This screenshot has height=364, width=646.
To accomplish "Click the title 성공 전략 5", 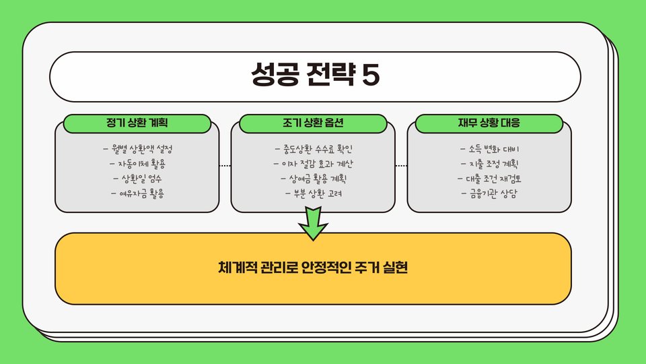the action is coord(315,75).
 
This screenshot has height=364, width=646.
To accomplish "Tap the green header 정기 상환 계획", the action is coord(137,123).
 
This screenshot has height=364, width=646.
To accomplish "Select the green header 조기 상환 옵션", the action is coord(314,123).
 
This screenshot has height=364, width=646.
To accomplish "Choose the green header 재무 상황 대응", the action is coord(489,123).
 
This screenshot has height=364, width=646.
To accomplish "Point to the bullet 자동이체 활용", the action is coord(137,163).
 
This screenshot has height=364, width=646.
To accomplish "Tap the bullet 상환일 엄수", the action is coord(137,179).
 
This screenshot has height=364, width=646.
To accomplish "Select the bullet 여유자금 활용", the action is coord(137,194).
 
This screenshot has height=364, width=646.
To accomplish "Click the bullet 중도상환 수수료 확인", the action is coord(314,148).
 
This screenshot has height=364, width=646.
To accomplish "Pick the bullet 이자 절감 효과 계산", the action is coord(314,164).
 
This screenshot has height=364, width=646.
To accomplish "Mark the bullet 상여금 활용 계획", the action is coord(314,179).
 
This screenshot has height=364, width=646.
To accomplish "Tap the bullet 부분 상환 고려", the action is coord(314,194).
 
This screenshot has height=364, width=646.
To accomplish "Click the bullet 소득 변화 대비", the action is coord(489,148).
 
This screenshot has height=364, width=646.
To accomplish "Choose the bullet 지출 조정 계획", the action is coord(489,164).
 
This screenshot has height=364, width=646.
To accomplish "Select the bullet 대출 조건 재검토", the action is coord(489,179).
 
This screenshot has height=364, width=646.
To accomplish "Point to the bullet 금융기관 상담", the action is coord(489,194).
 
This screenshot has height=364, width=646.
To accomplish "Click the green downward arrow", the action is coord(313,224).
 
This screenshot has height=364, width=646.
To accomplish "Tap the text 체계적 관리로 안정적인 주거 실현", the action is coord(314,268).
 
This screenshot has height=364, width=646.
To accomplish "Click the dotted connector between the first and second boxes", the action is coord(225,165).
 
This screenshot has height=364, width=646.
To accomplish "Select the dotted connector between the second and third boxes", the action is coord(401,165).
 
